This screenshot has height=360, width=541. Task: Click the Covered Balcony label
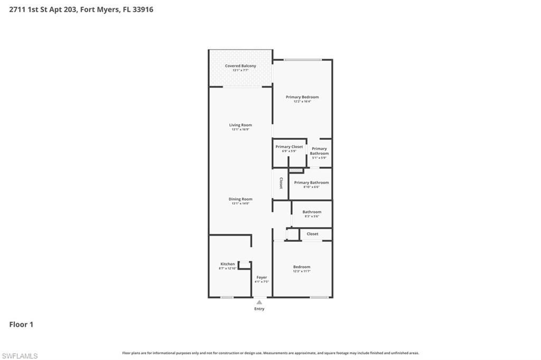pyautogui.click(x=240, y=66)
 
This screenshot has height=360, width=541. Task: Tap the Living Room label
pyautogui.click(x=240, y=125)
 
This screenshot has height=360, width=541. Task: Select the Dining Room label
pyautogui.click(x=240, y=199)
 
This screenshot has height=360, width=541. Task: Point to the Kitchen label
pyautogui.click(x=228, y=264)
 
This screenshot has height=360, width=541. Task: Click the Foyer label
pyautogui.click(x=262, y=277)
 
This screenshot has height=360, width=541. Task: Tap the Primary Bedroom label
pyautogui.click(x=302, y=97)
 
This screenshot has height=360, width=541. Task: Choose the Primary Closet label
pyautogui.click(x=289, y=147)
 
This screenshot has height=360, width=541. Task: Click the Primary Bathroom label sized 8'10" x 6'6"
pyautogui.click(x=311, y=183)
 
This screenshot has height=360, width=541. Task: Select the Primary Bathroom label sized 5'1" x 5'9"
pyautogui.click(x=319, y=151)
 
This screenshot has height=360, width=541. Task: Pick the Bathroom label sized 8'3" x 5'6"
pyautogui.click(x=312, y=212)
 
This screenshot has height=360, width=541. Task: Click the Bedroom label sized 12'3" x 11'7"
pyautogui.click(x=302, y=267)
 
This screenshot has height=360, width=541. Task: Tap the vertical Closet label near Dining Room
pyautogui.click(x=281, y=183)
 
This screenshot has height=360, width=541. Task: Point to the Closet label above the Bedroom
pyautogui.click(x=312, y=234)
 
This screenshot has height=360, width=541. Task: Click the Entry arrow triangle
pyautogui.click(x=259, y=302)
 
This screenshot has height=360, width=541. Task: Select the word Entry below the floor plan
pyautogui.click(x=259, y=309)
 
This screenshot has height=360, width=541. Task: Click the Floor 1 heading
pyautogui.click(x=21, y=325)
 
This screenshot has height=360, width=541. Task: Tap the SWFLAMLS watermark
pyautogui.click(x=20, y=356)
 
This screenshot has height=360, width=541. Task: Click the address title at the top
pyautogui.click(x=81, y=10)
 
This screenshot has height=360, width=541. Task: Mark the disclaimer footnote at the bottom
pyautogui.click(x=270, y=353)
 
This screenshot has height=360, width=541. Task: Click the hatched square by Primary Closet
pyautogui.click(x=296, y=170)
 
